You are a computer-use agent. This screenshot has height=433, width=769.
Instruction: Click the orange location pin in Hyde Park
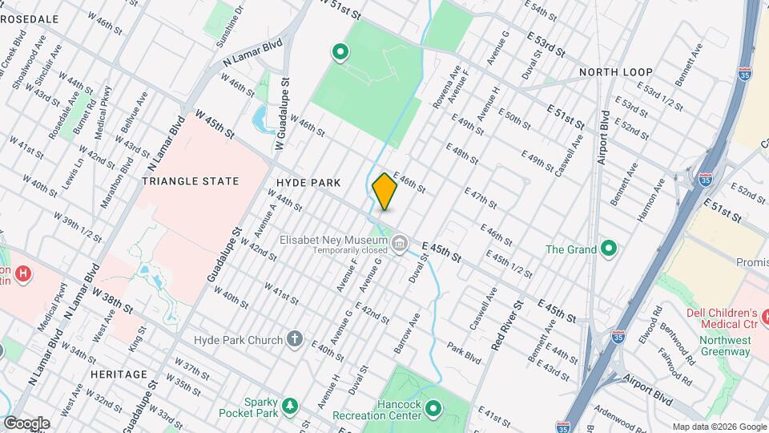pyautogui.click(x=384, y=192)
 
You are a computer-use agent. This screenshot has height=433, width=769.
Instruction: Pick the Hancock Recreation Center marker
pyautogui.click(x=433, y=409)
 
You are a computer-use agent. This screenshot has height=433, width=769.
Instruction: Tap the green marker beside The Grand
pyautogui.click(x=609, y=249)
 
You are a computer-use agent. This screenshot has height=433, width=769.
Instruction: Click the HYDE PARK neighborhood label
pyautogui.click(x=309, y=183)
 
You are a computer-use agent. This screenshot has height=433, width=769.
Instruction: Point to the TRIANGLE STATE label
pyautogui.click(x=191, y=181)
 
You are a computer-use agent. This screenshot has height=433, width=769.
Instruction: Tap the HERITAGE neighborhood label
pyautogui.click(x=119, y=374)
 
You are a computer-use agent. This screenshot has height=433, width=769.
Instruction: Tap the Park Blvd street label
pyautogui.click(x=463, y=353)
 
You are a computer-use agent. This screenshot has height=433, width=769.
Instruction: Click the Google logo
pyautogui.click(x=26, y=423)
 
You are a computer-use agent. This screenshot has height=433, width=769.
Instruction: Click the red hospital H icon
pyautogui.click(x=24, y=274)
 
